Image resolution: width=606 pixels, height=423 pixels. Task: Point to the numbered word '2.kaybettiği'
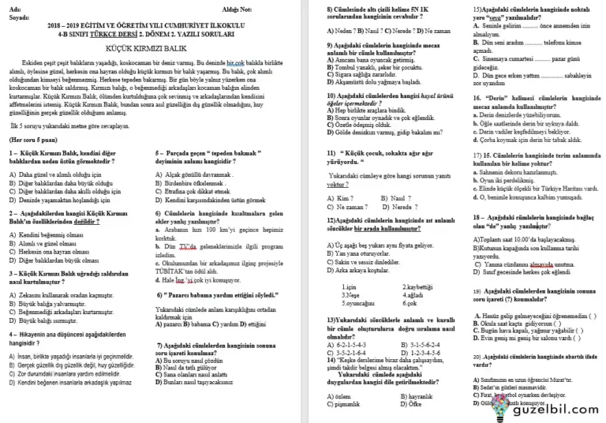pos(418,286)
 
